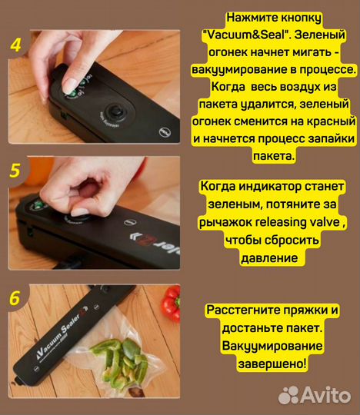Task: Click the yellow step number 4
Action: pyautogui.click(x=15, y=44)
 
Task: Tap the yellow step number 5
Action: pyautogui.click(x=15, y=171)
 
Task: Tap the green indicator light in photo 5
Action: pyautogui.click(x=34, y=205)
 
